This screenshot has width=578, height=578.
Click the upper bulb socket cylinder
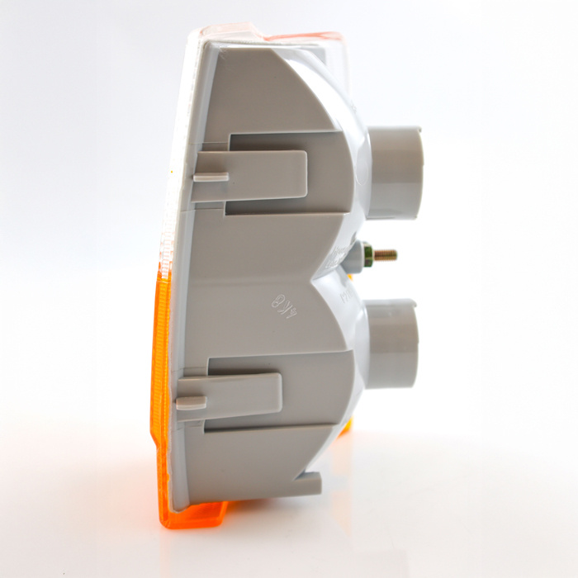point(394,173)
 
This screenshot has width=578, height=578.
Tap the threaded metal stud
point(384,255)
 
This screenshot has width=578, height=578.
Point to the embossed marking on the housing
point(284,302)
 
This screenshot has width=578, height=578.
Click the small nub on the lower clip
point(191,402)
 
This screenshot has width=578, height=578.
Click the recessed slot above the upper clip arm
point(272,141)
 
